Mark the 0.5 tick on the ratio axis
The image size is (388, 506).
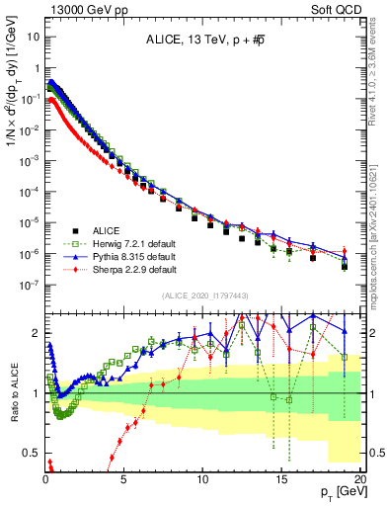[x=32, y=453]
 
